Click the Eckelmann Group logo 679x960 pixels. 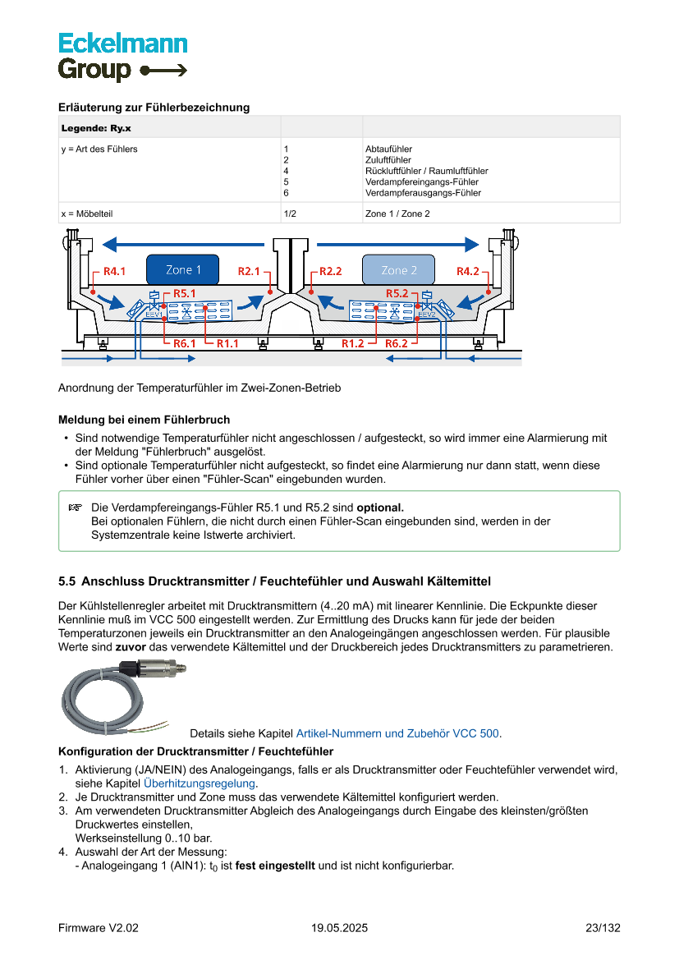click(122, 57)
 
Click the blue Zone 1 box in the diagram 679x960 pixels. click(183, 270)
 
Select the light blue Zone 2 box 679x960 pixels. click(399, 270)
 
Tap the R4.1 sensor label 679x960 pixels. click(114, 271)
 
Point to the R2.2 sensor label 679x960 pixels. click(330, 271)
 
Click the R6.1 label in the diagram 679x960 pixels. click(185, 343)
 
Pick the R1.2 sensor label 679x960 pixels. click(353, 343)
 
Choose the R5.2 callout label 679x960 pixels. click(397, 293)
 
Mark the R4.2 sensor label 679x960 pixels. click(468, 271)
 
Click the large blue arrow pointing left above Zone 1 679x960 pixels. click(188, 244)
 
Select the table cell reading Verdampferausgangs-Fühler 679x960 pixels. click(423, 193)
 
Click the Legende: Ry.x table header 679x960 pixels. click(96, 128)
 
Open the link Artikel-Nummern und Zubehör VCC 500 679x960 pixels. click(397, 733)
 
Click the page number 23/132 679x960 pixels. click(603, 928)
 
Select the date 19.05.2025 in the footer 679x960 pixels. click(339, 928)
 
